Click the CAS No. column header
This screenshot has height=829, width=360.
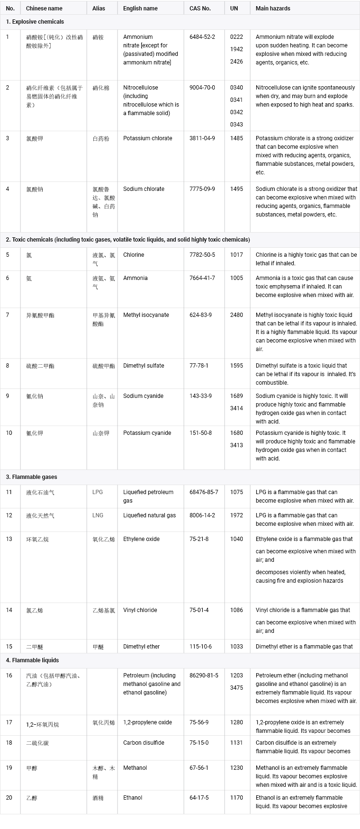[200, 9]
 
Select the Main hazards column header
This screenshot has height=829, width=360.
[273, 9]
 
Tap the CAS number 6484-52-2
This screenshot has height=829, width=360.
[202, 37]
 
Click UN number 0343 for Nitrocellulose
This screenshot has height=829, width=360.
[236, 125]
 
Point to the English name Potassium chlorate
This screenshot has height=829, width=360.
[148, 138]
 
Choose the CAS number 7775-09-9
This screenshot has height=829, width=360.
[202, 189]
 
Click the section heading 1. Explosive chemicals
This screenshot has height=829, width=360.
[35, 22]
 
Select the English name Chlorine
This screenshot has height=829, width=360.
[134, 255]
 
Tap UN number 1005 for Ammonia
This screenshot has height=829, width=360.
[236, 278]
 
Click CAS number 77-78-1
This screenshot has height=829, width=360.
[199, 366]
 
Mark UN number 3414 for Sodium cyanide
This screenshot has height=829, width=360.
[236, 408]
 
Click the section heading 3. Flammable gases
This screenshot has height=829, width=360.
[32, 477]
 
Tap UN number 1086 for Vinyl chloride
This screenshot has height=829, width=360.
[236, 610]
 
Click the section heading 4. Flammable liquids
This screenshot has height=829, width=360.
[33, 660]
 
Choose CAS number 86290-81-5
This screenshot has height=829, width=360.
[204, 676]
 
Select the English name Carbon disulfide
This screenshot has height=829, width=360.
[144, 743]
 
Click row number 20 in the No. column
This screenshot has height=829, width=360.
[9, 798]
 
